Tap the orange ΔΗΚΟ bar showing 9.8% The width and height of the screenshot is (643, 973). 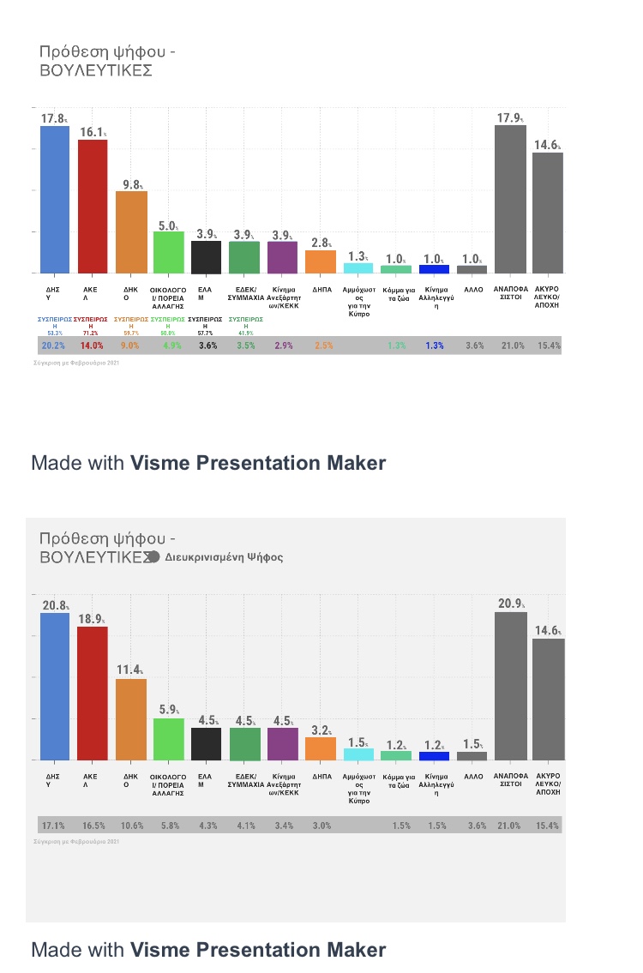[131, 231]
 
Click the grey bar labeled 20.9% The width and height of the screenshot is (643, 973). [511, 686]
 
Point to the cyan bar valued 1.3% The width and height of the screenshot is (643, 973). [358, 267]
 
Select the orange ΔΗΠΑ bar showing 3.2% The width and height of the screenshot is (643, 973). [321, 748]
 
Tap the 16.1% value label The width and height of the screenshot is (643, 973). [91, 133]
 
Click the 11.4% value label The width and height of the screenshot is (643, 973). [129, 670]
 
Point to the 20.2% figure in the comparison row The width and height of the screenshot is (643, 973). [53, 345]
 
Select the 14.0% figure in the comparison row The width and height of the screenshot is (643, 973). [92, 345]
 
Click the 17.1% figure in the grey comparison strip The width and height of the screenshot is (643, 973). [53, 826]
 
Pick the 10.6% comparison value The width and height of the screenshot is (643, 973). [130, 826]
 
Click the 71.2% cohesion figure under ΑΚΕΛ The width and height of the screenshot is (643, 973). [91, 333]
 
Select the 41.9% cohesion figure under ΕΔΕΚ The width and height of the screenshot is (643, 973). [245, 333]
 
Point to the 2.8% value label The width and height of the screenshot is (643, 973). [319, 243]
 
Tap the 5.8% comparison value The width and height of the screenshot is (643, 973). [169, 826]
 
